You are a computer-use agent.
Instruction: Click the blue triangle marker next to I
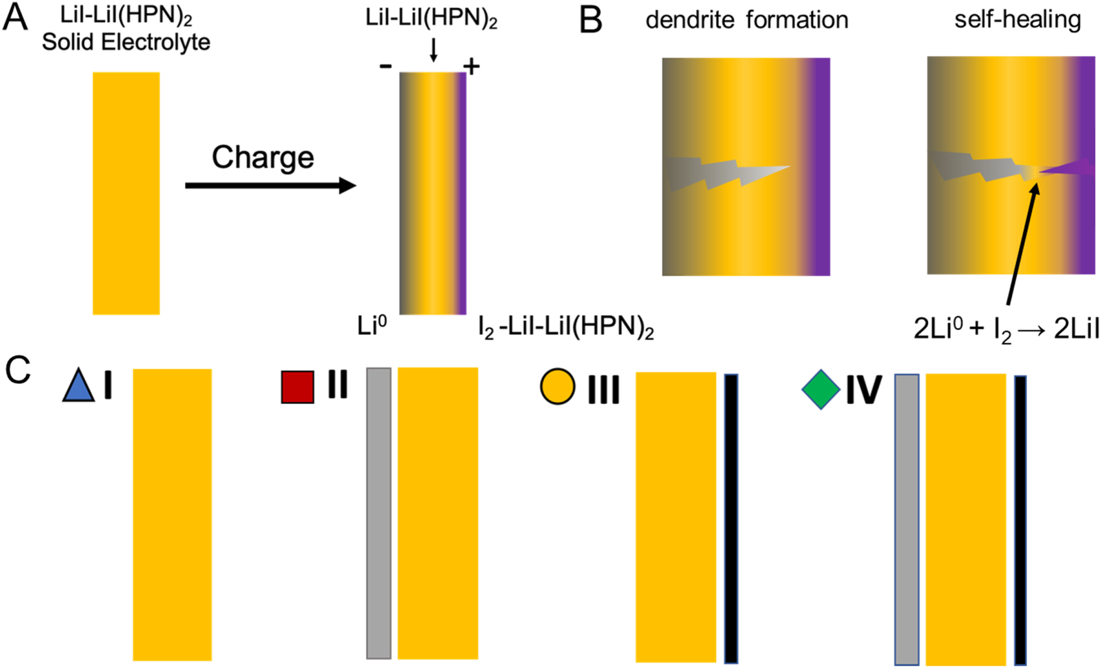79,387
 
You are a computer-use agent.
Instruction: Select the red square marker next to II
298,387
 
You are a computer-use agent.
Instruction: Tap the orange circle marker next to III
557,387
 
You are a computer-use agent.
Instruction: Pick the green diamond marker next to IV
821,390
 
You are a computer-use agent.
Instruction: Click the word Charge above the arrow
263,158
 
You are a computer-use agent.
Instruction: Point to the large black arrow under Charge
270,185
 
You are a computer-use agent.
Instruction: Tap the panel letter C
18,369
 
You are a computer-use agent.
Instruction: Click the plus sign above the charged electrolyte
471,66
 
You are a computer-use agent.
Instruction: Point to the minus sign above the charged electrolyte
385,66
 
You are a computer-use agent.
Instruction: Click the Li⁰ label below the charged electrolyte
372,326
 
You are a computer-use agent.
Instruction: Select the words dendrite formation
747,20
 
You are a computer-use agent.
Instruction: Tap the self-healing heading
1018,19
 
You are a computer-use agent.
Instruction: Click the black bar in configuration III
731,518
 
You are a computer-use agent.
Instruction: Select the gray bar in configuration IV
906,519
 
